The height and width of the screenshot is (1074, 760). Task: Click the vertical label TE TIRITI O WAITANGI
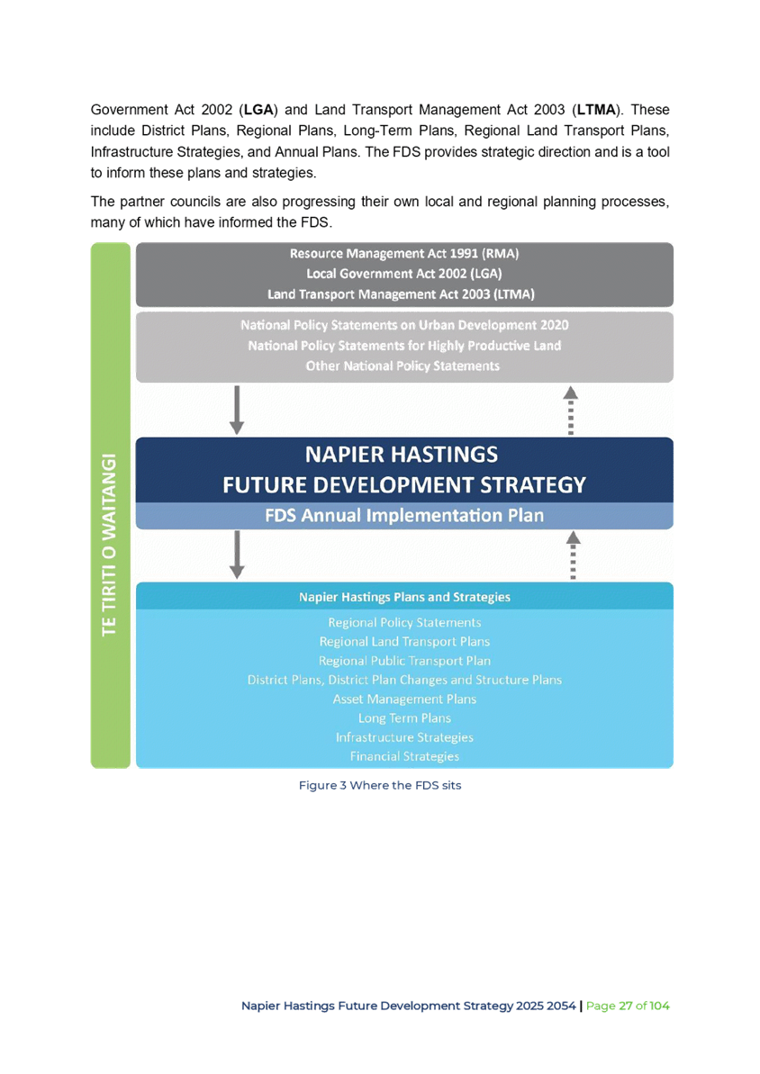click(110, 543)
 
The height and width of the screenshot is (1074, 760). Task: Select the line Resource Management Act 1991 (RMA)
click(403, 254)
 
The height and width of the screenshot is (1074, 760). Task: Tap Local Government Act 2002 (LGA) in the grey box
click(403, 274)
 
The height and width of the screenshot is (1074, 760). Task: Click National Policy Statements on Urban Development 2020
click(404, 325)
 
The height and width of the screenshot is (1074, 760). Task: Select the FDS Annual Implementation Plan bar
click(404, 516)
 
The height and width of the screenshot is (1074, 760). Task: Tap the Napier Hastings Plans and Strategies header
click(404, 597)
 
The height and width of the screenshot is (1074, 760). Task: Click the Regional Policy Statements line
click(404, 623)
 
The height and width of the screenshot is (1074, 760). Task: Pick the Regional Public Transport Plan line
click(404, 661)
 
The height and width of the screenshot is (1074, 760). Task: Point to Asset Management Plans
click(404, 699)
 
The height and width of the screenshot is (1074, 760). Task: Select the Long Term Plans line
click(404, 718)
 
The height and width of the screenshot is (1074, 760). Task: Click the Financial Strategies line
click(404, 757)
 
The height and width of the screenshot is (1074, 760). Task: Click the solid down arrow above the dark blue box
click(237, 410)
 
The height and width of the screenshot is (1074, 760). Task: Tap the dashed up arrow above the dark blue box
click(571, 410)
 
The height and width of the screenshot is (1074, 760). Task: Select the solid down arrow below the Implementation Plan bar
click(237, 555)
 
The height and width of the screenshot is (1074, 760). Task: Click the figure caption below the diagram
click(381, 786)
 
